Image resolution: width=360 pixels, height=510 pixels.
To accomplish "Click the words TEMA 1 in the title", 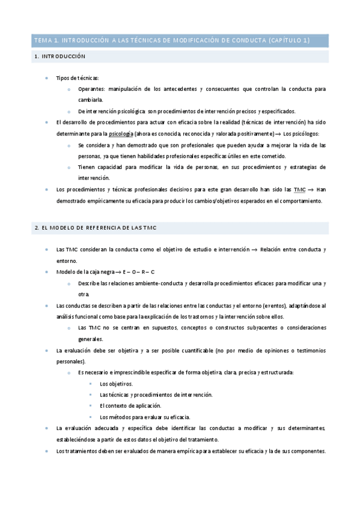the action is [x=44, y=41].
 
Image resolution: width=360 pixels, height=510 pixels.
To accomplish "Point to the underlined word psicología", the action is [x=122, y=134].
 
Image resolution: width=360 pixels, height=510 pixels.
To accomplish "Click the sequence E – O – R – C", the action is [x=139, y=272].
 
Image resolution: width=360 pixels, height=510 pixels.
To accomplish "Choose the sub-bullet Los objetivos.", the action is [x=117, y=384].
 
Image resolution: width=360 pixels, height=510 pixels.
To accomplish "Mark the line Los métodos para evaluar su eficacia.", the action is [x=145, y=417].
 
